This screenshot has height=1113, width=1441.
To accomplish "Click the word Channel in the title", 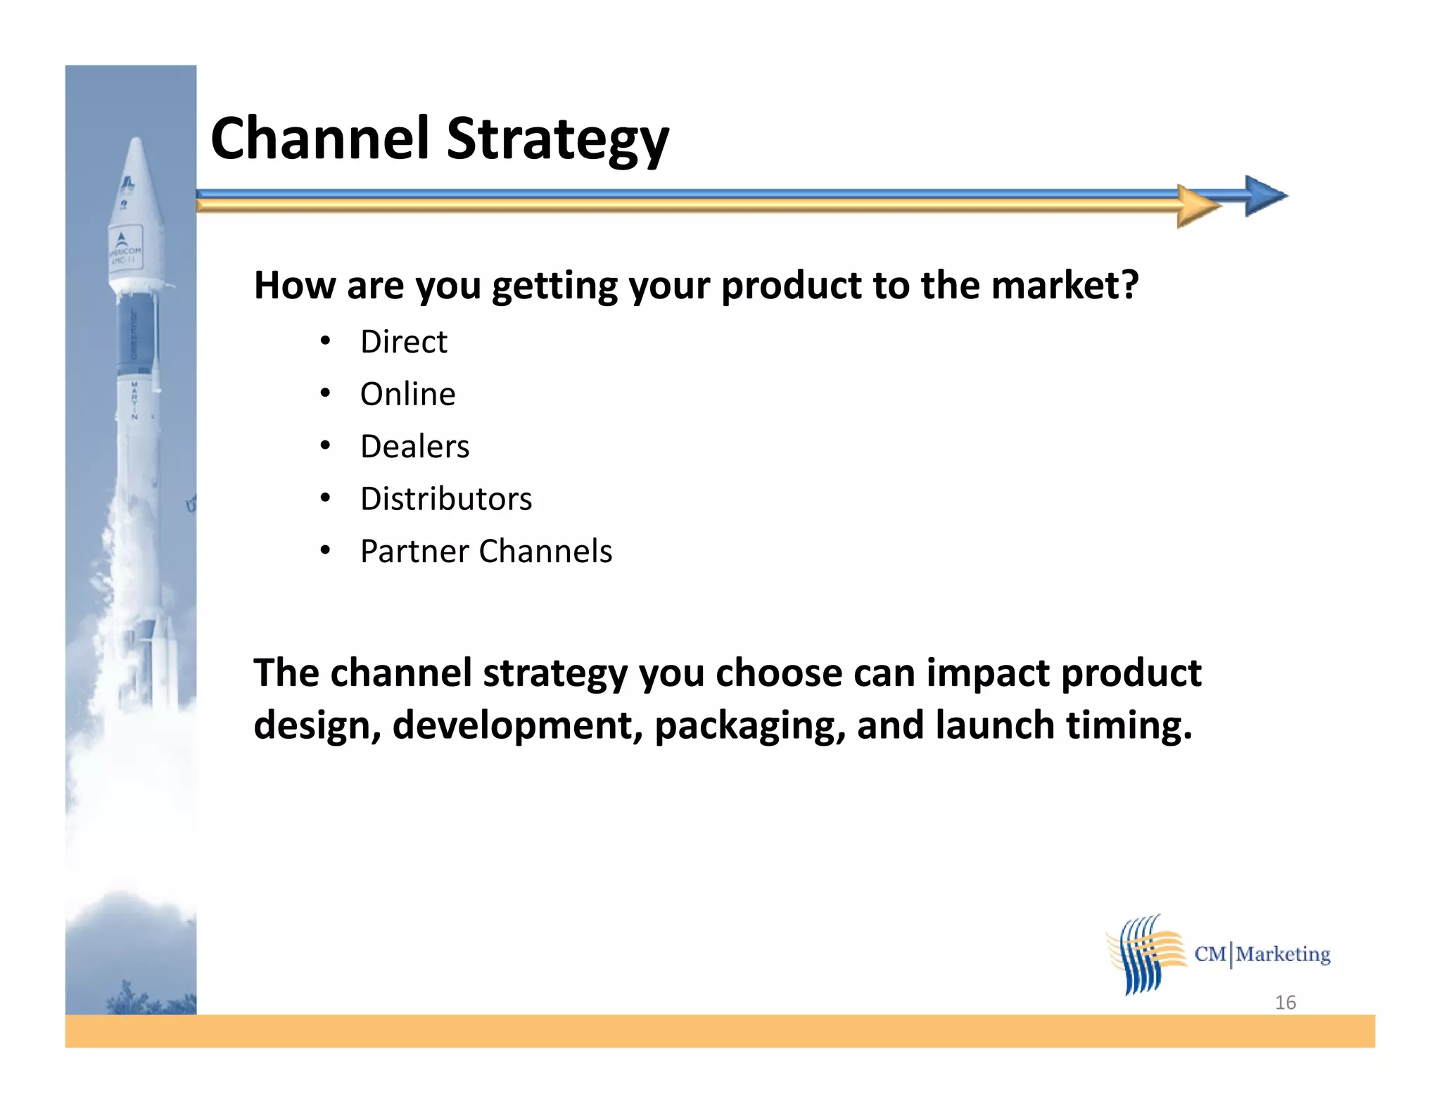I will [319, 139].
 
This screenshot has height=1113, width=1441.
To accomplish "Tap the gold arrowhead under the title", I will [1198, 206].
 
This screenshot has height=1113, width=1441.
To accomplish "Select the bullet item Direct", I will [403, 342].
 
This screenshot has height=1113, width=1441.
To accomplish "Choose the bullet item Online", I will [407, 394].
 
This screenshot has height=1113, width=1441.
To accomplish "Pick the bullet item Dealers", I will [414, 447].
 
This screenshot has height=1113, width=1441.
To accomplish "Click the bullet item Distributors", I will [446, 499].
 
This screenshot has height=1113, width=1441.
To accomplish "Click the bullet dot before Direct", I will [324, 341].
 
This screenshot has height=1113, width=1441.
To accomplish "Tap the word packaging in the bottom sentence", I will [749, 725].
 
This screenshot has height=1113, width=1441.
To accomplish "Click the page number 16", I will [1285, 1002].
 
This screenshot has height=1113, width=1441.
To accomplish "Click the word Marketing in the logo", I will [1283, 954].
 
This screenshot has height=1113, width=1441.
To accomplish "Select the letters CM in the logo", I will [1210, 954].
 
